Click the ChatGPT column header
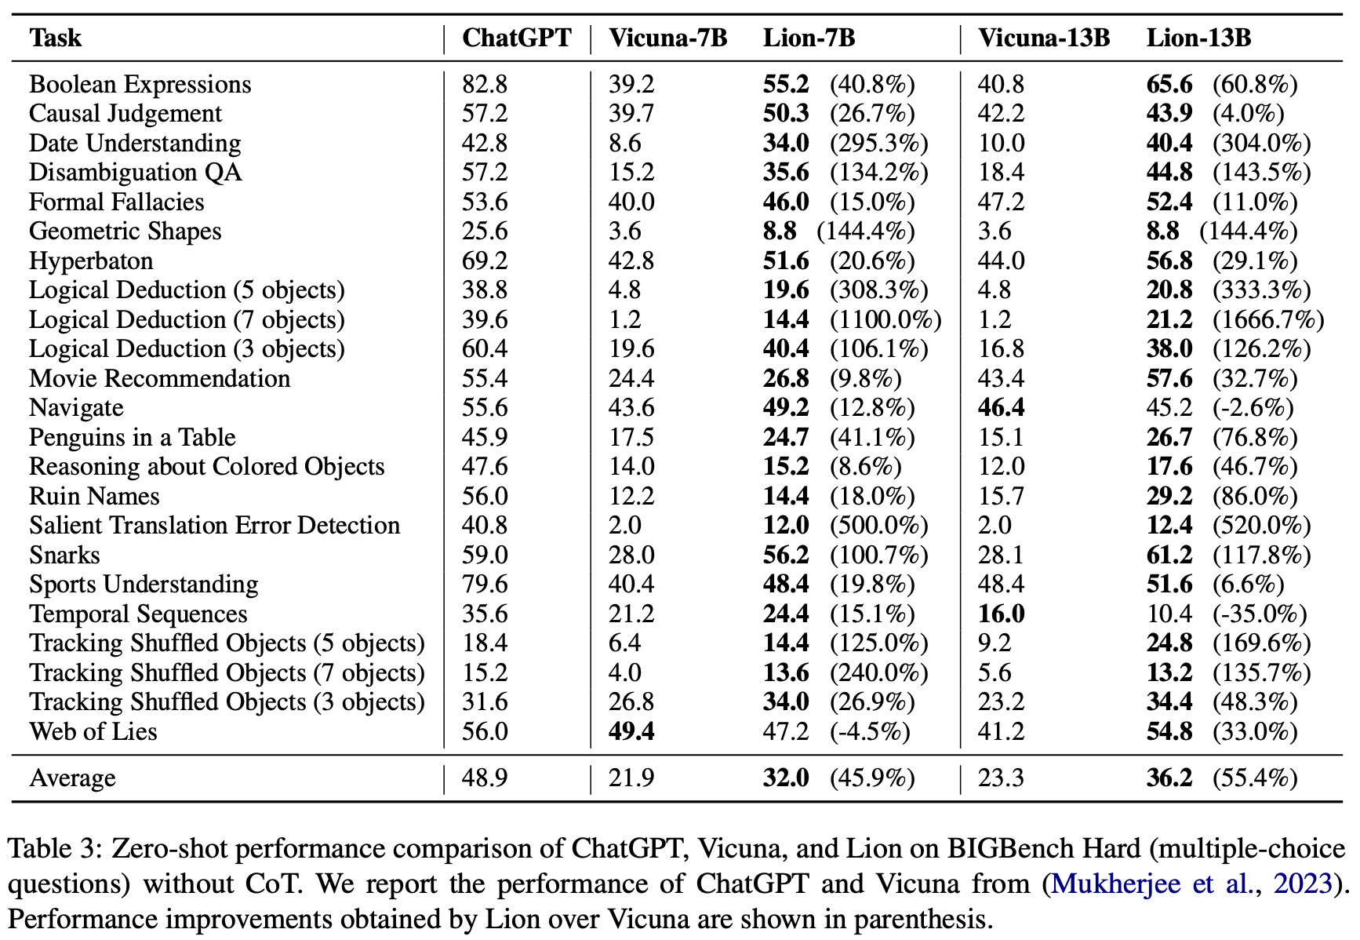(x=517, y=38)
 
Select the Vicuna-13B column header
(x=1044, y=38)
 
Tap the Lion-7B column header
(x=809, y=38)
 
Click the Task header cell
(x=55, y=38)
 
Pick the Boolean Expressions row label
(x=140, y=85)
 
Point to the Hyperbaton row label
(x=91, y=261)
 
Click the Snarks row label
(x=64, y=556)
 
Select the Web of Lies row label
(x=93, y=731)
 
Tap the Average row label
(x=72, y=778)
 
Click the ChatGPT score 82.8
(x=485, y=85)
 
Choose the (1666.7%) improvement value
(x=1268, y=320)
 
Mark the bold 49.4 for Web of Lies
(x=631, y=731)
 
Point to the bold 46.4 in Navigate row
(x=1001, y=408)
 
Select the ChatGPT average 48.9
(x=485, y=778)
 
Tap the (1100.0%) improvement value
(x=886, y=320)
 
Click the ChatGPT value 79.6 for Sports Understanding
(x=485, y=585)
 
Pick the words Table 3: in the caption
(x=55, y=849)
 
